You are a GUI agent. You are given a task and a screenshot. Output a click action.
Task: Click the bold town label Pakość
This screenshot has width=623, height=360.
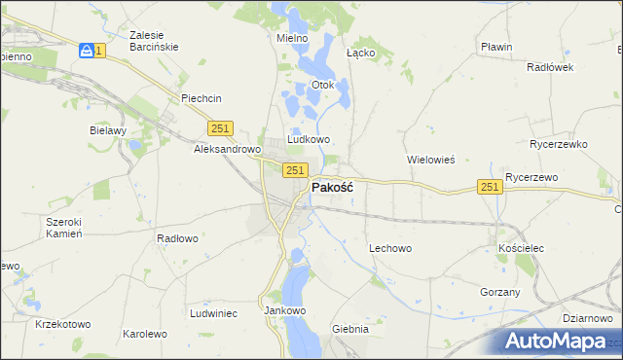click(x=332, y=188)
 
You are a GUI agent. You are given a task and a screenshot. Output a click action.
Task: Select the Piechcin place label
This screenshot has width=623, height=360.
click(x=202, y=98)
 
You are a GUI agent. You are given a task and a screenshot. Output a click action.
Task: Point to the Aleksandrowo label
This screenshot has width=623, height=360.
click(x=227, y=150)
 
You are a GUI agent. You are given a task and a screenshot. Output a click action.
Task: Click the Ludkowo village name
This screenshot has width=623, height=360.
click(x=309, y=140)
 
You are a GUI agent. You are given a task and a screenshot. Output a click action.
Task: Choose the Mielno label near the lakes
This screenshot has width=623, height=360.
click(x=292, y=38)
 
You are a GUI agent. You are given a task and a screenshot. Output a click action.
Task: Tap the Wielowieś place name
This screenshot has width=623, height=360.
click(x=430, y=159)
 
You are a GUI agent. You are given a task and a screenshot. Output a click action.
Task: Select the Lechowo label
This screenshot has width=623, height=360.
click(x=390, y=248)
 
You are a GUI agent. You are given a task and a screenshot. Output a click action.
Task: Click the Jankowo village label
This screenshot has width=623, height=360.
click(x=285, y=311)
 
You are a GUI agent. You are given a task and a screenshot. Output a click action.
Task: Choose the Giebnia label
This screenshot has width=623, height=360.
click(x=350, y=329)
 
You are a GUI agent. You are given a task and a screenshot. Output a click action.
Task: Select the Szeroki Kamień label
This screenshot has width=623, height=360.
click(x=63, y=228)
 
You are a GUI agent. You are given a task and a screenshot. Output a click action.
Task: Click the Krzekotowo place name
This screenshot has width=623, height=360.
click(x=62, y=324)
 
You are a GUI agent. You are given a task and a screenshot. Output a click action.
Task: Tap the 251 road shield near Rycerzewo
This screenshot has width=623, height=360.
click(x=490, y=187)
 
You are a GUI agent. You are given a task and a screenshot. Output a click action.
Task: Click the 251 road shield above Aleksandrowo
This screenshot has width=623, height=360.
click(x=220, y=128)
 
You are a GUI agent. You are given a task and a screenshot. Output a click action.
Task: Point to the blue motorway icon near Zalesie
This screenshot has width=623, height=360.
click(x=88, y=50)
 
